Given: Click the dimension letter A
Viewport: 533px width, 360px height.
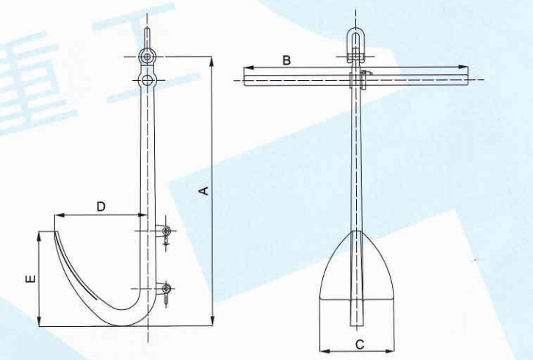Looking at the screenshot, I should click(206, 191).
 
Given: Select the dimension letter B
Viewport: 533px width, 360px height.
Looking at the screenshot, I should click(287, 60).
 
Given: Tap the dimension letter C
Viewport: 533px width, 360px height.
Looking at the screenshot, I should click(359, 344).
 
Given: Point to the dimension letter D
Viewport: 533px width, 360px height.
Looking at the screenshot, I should click(101, 206).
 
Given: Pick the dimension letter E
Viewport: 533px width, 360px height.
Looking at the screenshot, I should click(28, 279).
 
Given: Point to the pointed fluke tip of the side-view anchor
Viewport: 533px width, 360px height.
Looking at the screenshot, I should click(56, 232).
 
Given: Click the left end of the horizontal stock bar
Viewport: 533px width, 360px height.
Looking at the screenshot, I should click(245, 76).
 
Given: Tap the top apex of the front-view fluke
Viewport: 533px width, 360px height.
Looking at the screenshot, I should click(357, 231).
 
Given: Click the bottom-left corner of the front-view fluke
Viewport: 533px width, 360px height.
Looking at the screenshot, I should click(321, 299).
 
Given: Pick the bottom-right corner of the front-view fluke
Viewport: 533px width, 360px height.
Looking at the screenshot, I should click(394, 299).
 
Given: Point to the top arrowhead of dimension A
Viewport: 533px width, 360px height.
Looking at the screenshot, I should click(212, 59).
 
